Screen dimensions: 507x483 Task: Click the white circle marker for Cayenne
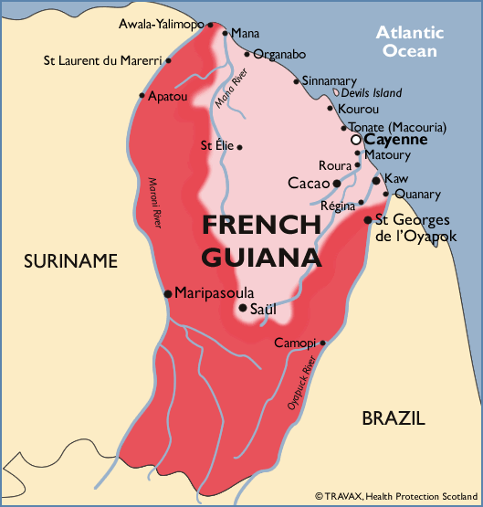pyautogui.click(x=356, y=141)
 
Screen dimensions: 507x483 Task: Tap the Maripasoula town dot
pyautogui.click(x=167, y=293)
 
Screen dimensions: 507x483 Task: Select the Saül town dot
pyautogui.click(x=242, y=308)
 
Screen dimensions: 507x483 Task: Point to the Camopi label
pyautogui.click(x=294, y=343)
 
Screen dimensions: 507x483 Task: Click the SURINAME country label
pyautogui.click(x=71, y=261)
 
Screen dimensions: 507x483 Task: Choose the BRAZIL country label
pyautogui.click(x=393, y=419)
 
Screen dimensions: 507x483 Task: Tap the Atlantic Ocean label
pyautogui.click(x=411, y=42)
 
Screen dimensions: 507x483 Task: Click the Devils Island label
pyautogui.click(x=372, y=93)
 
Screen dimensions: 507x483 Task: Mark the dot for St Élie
pyautogui.click(x=239, y=146)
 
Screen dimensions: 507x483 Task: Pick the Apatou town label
pyautogui.click(x=168, y=95)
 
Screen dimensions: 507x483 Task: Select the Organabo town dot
pyautogui.click(x=247, y=54)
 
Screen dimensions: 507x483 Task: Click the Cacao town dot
pyautogui.click(x=337, y=183)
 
